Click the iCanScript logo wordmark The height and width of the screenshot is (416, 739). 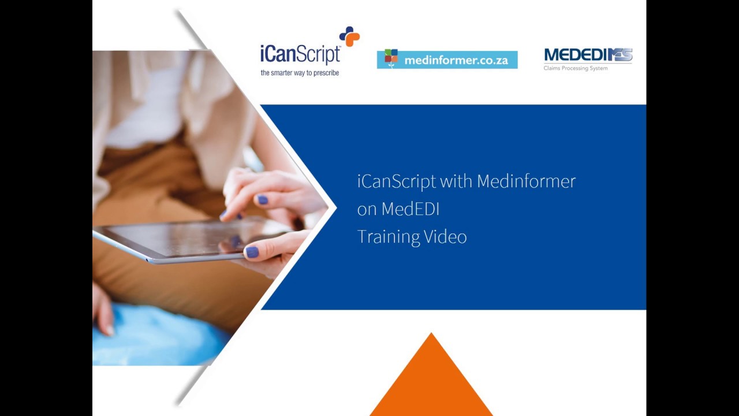(300, 55)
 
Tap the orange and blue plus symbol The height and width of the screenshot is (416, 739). (349, 36)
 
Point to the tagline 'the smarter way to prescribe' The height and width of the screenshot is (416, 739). (300, 73)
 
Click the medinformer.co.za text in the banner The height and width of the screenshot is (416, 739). (456, 60)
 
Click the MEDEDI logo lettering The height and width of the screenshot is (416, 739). (588, 55)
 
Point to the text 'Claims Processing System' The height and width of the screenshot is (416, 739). (575, 69)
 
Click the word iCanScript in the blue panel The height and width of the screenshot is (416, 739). (396, 181)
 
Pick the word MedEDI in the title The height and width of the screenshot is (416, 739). (410, 209)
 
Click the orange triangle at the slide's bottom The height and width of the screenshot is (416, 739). (431, 381)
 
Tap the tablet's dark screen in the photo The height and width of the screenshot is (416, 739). (191, 237)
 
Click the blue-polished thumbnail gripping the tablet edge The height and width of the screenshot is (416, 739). (252, 252)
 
